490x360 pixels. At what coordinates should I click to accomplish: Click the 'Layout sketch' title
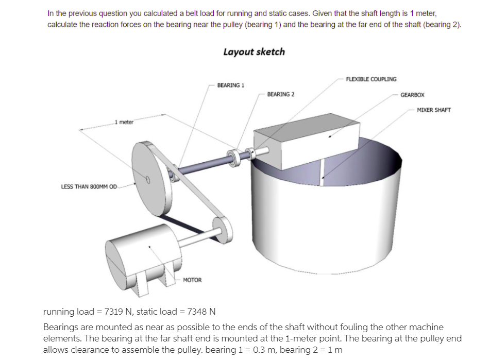pyautogui.click(x=254, y=52)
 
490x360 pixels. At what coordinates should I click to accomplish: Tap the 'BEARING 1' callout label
pyautogui.click(x=230, y=85)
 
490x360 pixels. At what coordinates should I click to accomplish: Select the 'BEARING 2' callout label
pyautogui.click(x=281, y=94)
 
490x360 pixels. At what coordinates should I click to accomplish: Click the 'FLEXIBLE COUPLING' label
pyautogui.click(x=371, y=79)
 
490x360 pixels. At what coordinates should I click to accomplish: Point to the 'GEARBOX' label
pyautogui.click(x=412, y=95)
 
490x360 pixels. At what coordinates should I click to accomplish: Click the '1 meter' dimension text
pyautogui.click(x=124, y=122)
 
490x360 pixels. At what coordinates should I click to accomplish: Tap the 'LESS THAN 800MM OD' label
pyautogui.click(x=89, y=186)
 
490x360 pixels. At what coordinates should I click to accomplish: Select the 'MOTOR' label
pyautogui.click(x=192, y=280)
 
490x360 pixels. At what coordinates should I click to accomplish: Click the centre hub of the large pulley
pyautogui.click(x=147, y=180)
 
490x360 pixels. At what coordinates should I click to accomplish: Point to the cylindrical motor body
pyautogui.click(x=139, y=252)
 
